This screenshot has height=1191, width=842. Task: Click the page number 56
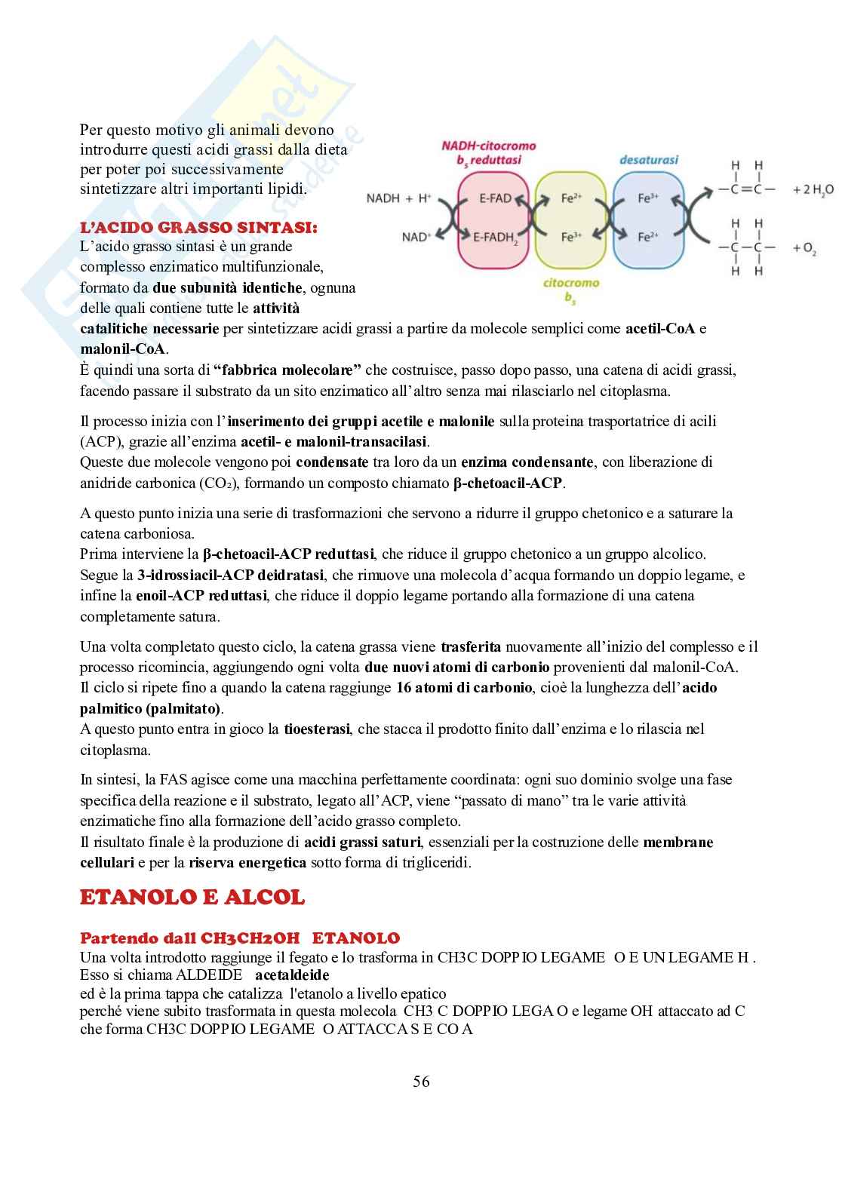point(421,1082)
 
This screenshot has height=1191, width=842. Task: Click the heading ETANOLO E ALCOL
point(192,898)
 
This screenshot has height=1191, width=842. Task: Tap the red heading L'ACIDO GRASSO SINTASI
point(199,227)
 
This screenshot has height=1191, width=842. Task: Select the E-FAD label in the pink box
point(495,199)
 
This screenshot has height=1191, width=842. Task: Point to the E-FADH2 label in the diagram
point(496,238)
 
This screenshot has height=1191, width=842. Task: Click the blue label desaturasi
point(648,160)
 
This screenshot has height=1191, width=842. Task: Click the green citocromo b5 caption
point(570,290)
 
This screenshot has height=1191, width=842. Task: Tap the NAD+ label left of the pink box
point(415,237)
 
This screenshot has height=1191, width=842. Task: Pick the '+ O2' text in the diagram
point(804,248)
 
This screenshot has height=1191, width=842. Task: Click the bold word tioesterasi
point(317,729)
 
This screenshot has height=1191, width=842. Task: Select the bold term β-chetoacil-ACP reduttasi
point(290,554)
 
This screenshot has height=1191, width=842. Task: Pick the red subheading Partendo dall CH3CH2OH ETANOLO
point(239,938)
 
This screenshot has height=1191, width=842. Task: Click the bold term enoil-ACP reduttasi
point(201,596)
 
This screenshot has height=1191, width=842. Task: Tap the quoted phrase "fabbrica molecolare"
point(287,370)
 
